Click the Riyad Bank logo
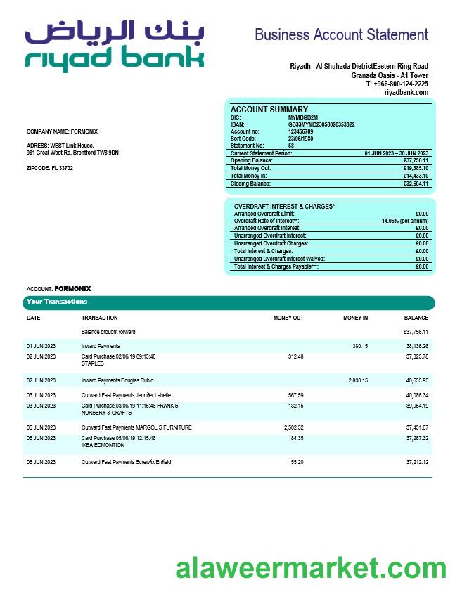(x=115, y=46)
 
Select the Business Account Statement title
(x=341, y=34)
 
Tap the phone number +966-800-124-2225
(x=397, y=84)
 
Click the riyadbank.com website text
(x=406, y=92)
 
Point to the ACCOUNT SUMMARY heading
(x=269, y=110)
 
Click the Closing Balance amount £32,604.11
(x=416, y=184)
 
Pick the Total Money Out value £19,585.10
(x=416, y=168)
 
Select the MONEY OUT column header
(x=288, y=318)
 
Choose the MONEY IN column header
(x=355, y=318)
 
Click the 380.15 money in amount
(x=360, y=346)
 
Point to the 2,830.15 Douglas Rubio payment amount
(x=358, y=380)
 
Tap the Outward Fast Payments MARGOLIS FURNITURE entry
(x=136, y=427)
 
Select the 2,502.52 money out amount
(x=291, y=427)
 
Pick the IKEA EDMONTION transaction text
(x=103, y=445)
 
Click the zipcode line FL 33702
(x=49, y=168)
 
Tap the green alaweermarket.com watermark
(x=311, y=568)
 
